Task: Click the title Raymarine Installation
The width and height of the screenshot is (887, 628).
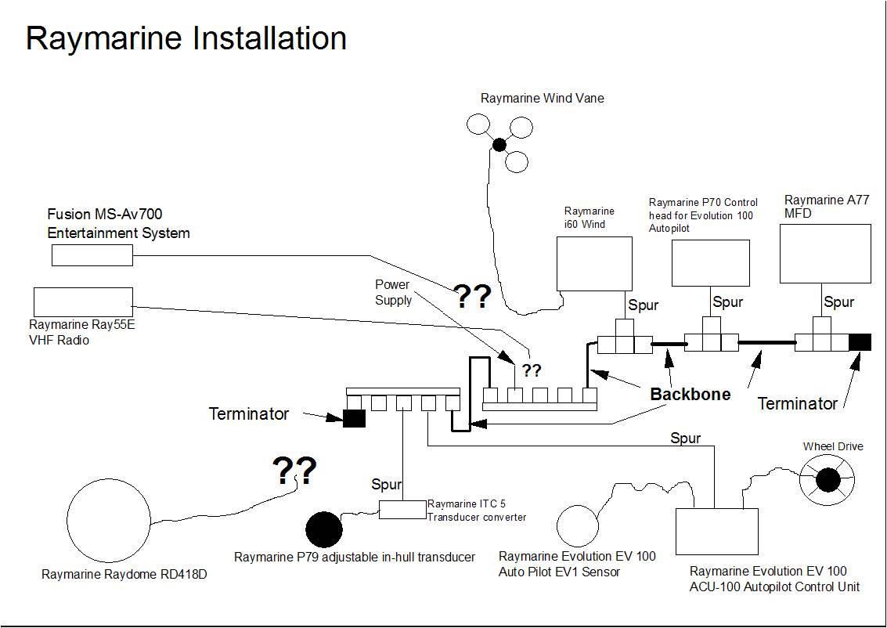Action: (x=186, y=38)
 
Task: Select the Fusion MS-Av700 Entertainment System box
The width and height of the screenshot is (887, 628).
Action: (x=92, y=254)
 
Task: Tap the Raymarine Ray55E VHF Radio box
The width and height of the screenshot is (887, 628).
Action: (x=83, y=302)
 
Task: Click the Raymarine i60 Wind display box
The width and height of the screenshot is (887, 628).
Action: (x=594, y=264)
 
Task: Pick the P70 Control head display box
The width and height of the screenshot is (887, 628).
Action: (x=710, y=263)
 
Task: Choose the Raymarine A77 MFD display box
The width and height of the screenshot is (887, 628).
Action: (x=825, y=254)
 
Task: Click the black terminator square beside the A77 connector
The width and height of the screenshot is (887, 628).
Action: (x=860, y=342)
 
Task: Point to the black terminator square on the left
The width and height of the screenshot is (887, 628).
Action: (x=354, y=418)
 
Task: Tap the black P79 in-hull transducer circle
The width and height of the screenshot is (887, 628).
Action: (x=323, y=530)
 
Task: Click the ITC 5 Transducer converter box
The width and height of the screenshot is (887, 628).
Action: (x=402, y=509)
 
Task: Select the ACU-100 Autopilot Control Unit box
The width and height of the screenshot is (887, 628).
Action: (x=716, y=532)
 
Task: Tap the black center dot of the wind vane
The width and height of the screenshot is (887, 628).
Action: (x=499, y=144)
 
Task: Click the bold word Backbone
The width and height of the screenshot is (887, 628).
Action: (x=690, y=394)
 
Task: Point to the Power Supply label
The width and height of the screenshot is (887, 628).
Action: (x=392, y=292)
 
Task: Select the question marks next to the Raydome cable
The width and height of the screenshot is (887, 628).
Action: (x=294, y=471)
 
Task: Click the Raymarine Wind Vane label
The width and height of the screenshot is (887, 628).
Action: (x=542, y=99)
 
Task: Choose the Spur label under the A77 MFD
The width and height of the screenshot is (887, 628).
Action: (x=838, y=302)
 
